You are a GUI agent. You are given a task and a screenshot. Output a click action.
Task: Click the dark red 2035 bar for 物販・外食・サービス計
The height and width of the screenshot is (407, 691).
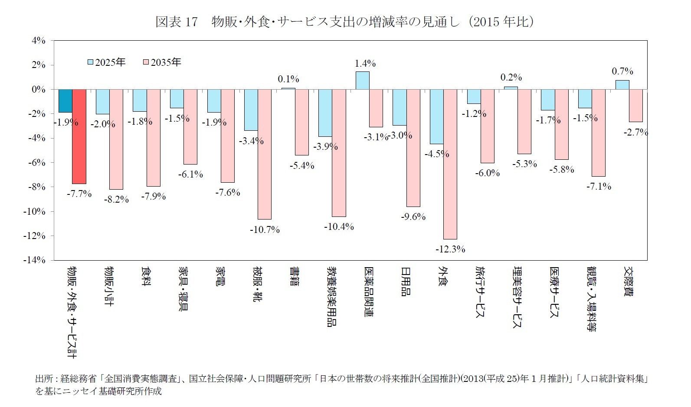click(x=79, y=136)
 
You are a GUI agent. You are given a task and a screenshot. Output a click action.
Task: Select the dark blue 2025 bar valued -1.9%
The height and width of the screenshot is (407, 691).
click(x=65, y=101)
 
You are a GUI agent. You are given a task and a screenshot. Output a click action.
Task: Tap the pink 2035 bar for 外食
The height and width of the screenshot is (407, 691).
click(x=450, y=164)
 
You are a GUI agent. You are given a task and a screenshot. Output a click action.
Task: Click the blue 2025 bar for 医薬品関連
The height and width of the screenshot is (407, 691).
click(x=362, y=81)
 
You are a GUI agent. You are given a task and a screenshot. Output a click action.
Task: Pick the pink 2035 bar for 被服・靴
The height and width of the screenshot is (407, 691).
click(x=265, y=154)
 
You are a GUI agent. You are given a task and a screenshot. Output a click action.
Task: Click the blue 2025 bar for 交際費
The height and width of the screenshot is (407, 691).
click(x=622, y=85)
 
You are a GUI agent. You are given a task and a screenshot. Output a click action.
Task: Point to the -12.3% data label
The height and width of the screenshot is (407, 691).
click(x=450, y=249)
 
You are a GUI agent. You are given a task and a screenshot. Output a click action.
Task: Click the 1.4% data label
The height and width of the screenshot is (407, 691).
click(x=365, y=64)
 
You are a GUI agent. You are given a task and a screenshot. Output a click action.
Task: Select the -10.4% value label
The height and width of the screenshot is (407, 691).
click(x=339, y=226)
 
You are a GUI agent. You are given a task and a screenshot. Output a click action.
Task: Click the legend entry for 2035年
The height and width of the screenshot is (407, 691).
click(x=162, y=62)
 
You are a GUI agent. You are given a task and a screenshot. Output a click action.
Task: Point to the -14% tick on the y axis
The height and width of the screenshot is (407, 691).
click(x=36, y=260)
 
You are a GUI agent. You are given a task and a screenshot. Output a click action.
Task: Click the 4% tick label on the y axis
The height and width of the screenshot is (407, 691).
click(x=38, y=41)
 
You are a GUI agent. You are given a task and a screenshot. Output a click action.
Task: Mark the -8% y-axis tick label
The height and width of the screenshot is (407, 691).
click(x=37, y=187)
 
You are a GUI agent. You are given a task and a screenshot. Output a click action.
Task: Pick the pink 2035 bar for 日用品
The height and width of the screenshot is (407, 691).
click(x=413, y=148)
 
